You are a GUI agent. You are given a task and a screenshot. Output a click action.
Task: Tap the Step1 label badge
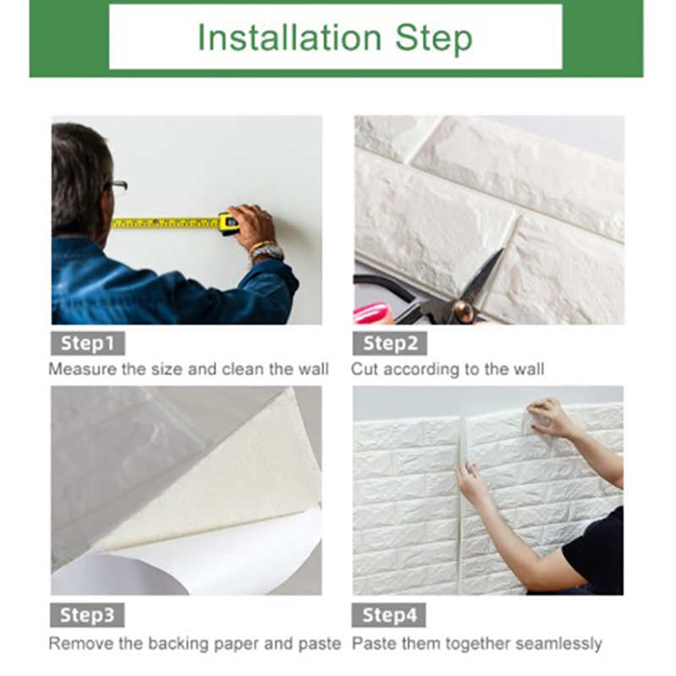[x=88, y=343]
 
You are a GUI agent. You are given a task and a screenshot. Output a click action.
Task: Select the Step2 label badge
[x=390, y=343]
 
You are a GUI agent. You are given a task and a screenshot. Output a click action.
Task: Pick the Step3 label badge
[x=88, y=614]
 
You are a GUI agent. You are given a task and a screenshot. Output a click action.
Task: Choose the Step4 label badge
[x=390, y=614]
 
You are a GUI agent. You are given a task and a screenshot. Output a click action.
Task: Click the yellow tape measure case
[x=229, y=223]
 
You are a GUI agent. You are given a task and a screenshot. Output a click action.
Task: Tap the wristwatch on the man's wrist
[x=267, y=252]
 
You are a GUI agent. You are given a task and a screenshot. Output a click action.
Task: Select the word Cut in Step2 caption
[x=365, y=369]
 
